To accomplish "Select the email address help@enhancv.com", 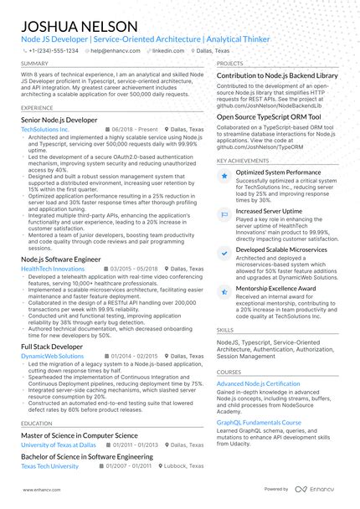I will [115, 50].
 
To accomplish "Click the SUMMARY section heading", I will [34, 64].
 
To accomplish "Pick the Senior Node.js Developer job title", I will [59, 121].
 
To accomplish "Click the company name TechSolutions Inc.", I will [45, 131].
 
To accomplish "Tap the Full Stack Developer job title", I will [52, 347].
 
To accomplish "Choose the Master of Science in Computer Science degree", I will [80, 436].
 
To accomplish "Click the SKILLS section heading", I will [225, 331].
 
